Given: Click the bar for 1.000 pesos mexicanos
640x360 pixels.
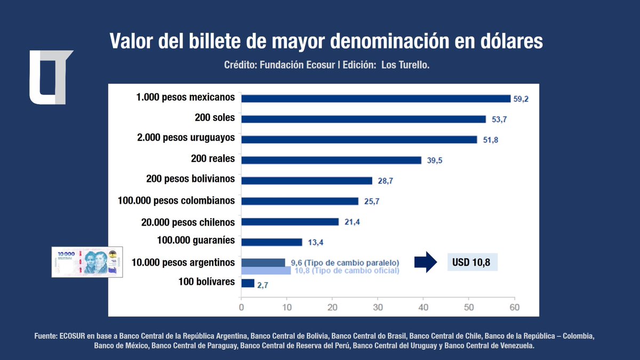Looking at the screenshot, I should pos(376,98).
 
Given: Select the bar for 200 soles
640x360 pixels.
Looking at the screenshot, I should pos(364,119).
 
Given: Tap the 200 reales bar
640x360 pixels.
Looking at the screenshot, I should pos(331,160).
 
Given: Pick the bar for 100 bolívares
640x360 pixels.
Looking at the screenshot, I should pos(248,283).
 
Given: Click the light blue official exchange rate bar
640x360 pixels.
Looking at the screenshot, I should pos(266,270).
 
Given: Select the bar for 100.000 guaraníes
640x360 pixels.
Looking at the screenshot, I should pos(272,242).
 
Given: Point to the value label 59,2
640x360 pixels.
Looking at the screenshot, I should pos(521,99).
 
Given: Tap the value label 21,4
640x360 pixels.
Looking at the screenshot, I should pos(352,222).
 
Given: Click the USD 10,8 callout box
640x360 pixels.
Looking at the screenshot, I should pos(471,262).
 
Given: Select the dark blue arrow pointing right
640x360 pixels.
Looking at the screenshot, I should pos(425,262).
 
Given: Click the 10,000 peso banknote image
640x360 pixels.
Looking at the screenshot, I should pos(87,262).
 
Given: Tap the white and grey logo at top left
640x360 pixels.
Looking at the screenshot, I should pos(50,77).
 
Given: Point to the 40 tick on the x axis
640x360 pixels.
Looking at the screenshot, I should pos(423,307).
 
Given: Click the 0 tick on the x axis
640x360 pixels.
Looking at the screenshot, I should pos(242,307).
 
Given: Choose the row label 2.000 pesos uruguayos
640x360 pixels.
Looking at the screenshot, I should pos(186,138).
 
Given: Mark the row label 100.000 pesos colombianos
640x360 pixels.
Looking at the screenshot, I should pos(176,201).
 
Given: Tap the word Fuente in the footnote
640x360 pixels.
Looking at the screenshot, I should pos(45,337).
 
